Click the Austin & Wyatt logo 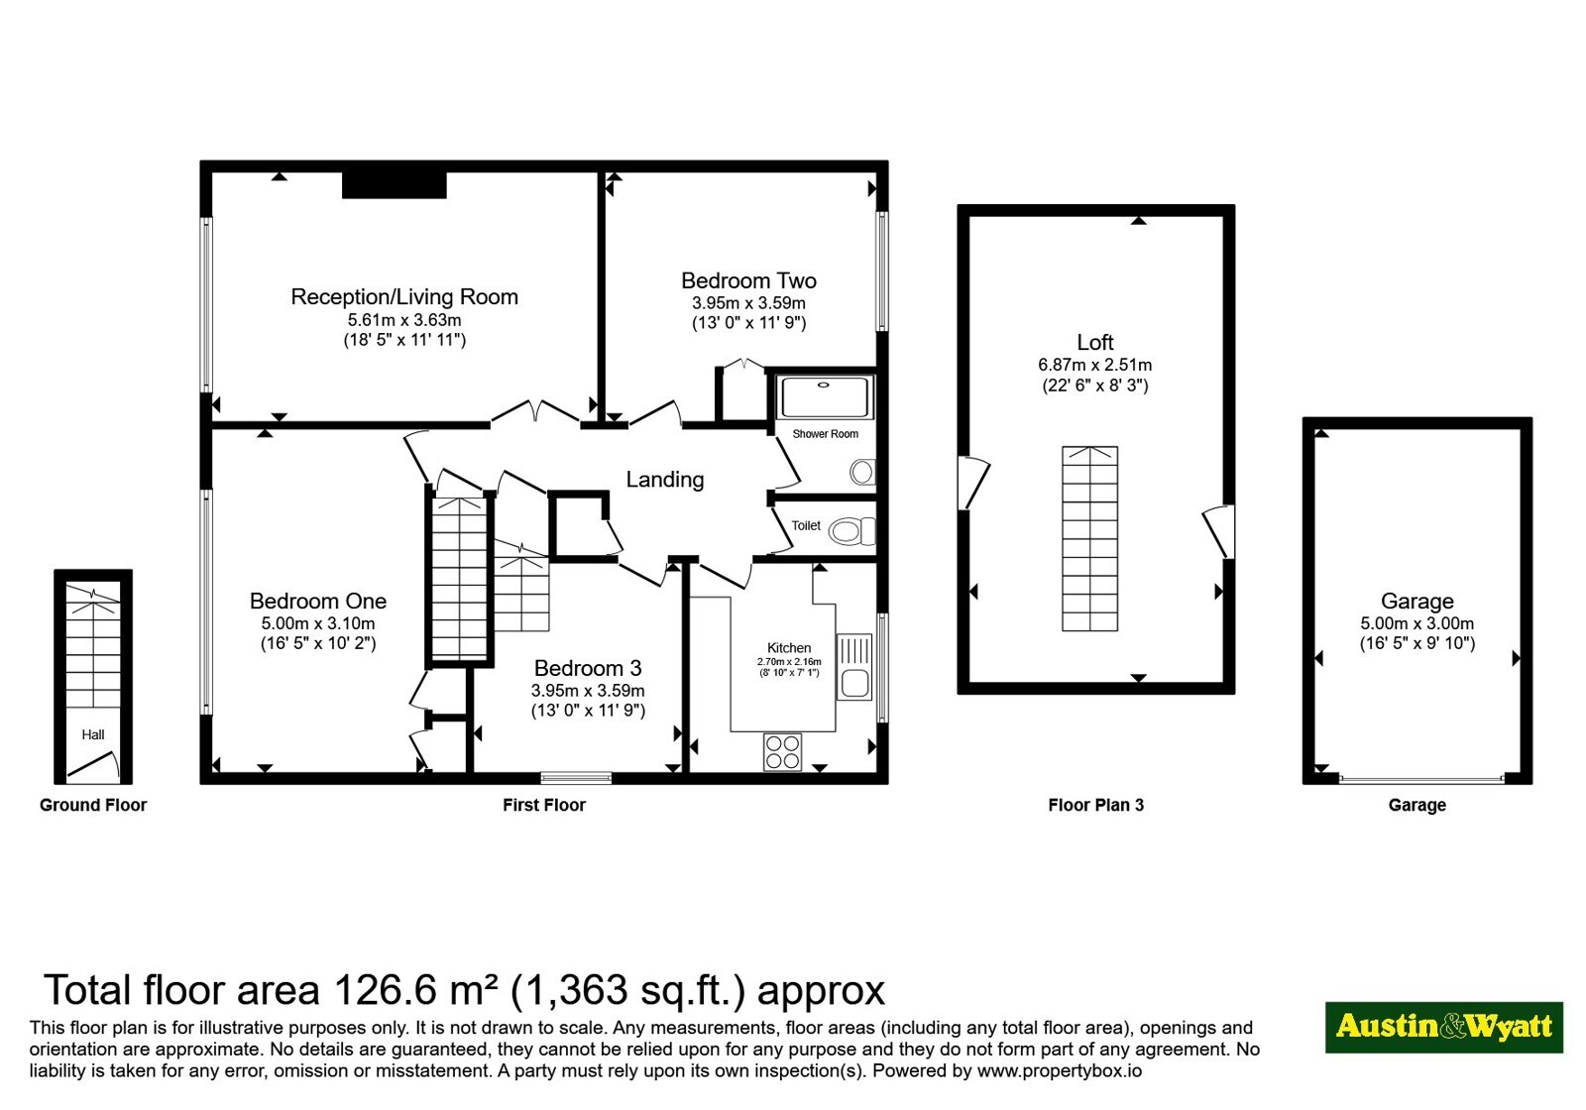[x=1444, y=1027]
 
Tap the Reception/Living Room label [x=404, y=296]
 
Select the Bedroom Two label [x=748, y=280]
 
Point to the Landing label [x=665, y=480]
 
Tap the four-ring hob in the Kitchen [x=782, y=752]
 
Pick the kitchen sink [x=854, y=667]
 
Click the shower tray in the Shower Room [x=824, y=397]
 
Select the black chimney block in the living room [x=395, y=184]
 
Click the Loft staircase [x=1089, y=538]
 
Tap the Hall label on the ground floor [x=93, y=734]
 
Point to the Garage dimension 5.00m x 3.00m [x=1416, y=623]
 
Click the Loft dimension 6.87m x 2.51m [x=1094, y=366]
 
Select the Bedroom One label [x=318, y=601]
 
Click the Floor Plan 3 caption [x=1095, y=805]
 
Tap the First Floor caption [x=544, y=805]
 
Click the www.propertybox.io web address [x=1060, y=1070]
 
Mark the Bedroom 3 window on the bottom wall [x=576, y=778]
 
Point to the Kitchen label [x=789, y=648]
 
